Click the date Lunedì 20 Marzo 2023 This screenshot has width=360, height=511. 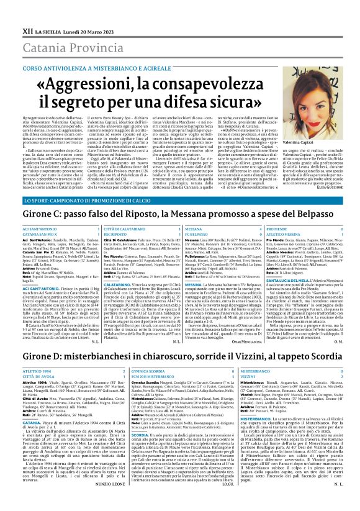pyautogui.click(x=82, y=12)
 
